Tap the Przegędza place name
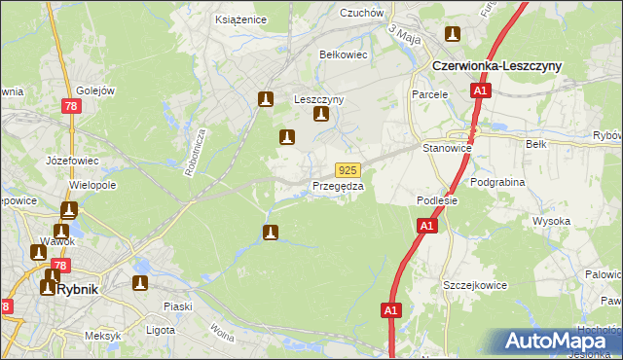[x=338, y=186]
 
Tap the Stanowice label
[x=447, y=148]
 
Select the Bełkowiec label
[x=344, y=54]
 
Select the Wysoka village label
[x=551, y=221]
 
